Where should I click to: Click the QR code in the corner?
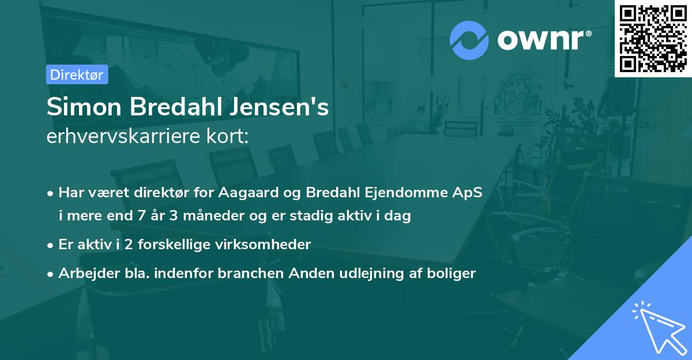tap(653, 39)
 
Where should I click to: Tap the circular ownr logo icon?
tap(469, 40)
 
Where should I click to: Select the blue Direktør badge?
tap(77, 74)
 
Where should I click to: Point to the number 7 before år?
tap(141, 216)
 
